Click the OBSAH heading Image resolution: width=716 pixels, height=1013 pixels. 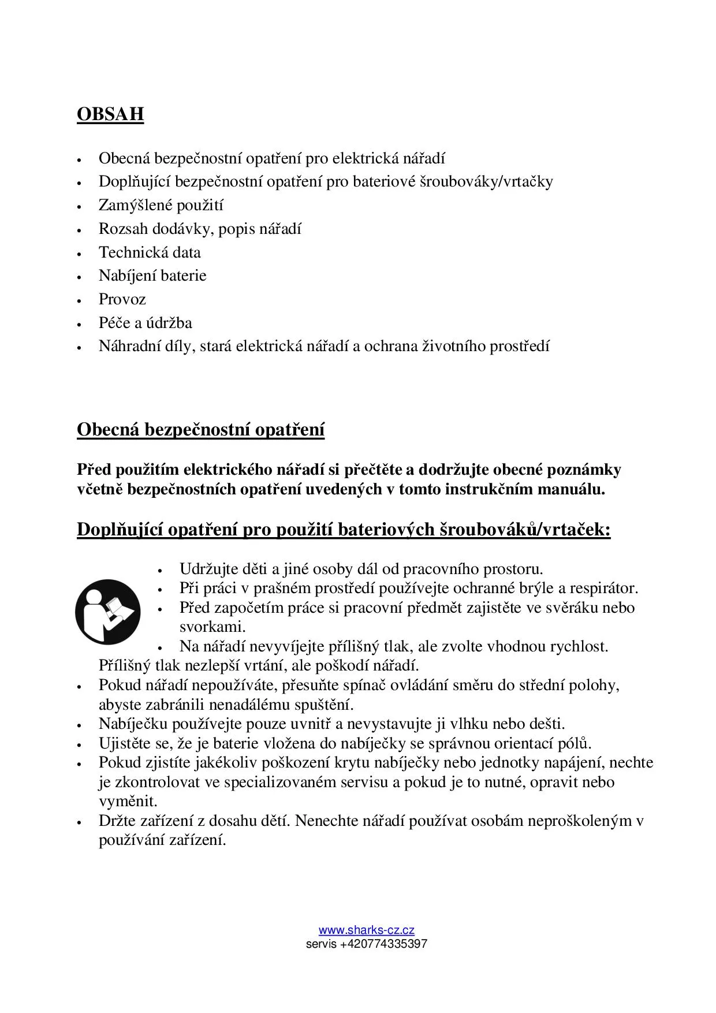coord(110,114)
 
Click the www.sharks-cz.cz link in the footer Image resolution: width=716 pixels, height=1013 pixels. coord(366,930)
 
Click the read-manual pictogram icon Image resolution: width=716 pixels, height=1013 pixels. coord(108,612)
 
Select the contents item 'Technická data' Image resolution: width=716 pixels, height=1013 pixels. coord(150,252)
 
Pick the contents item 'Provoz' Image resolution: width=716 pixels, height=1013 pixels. coord(122,299)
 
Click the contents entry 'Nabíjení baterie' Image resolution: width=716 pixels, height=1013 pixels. coord(152,275)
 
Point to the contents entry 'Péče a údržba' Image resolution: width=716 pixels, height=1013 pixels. coord(145,323)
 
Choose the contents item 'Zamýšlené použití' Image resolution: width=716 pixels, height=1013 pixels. coord(161,205)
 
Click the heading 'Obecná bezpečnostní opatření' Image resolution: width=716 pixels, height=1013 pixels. coord(200,430)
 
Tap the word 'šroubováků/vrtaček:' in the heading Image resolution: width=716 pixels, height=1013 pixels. coord(525,529)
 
